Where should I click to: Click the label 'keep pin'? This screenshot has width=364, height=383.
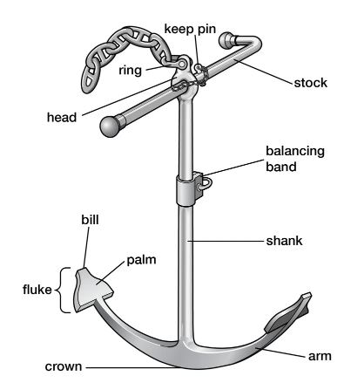[190, 30]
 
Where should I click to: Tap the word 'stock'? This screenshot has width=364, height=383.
[311, 83]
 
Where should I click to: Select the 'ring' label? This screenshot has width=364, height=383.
[131, 71]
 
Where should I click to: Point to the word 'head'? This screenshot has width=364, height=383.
[62, 117]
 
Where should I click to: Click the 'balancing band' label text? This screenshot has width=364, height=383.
[295, 159]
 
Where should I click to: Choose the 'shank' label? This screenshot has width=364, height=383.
[284, 241]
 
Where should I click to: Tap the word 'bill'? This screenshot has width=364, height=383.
[90, 220]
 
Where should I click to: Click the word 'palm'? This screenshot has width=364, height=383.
[141, 260]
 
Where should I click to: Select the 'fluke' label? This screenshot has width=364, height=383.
[37, 290]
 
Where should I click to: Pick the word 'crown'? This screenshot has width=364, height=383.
[64, 366]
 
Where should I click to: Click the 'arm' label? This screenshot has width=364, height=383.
[320, 356]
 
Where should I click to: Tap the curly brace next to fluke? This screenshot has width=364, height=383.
[63, 290]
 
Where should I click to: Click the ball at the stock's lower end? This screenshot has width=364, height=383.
[110, 127]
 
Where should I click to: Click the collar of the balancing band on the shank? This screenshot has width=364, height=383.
[185, 190]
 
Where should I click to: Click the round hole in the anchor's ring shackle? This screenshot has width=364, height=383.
[183, 64]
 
